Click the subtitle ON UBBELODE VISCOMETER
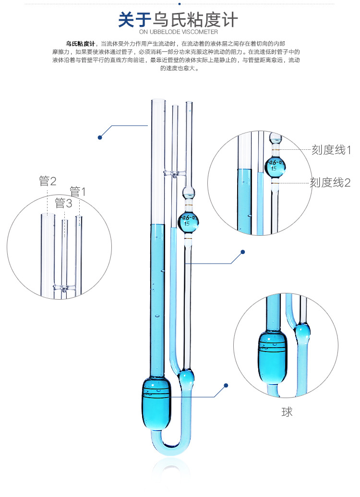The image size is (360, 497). [x=179, y=32]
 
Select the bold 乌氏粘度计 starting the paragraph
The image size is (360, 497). [x=81, y=44]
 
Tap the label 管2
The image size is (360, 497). [x=48, y=182]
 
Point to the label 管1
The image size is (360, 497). [x=78, y=192]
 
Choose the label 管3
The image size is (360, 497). [x=63, y=203]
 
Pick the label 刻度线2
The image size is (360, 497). [x=330, y=182]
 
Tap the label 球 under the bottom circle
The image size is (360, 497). [x=287, y=412]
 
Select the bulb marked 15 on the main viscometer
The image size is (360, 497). [x=188, y=221]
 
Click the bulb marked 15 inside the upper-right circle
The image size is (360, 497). [x=275, y=166]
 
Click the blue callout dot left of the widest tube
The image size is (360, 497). [x=100, y=137]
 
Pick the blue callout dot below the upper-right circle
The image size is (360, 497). [x=243, y=252]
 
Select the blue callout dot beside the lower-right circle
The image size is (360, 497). [x=226, y=385]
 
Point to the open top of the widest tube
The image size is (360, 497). [x=156, y=100]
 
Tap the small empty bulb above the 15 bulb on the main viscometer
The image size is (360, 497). [x=188, y=193]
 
